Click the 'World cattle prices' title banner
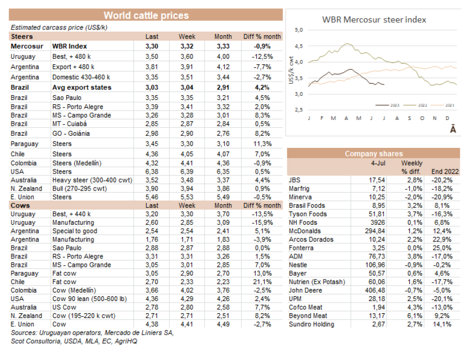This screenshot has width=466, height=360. point(146,15)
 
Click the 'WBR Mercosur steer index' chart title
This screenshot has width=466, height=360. point(374,20)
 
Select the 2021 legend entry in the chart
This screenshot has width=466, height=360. point(450,105)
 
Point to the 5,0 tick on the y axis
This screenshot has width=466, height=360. point(299,30)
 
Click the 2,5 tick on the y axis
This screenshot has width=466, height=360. point(299,109)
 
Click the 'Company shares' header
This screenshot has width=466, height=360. point(374,154)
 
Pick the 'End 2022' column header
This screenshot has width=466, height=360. point(444,172)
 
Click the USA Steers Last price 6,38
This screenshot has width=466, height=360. point(151,171)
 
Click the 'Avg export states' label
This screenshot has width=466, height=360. point(82,87)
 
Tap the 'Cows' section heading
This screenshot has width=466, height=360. point(21,205)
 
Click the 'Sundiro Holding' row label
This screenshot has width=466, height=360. point(311,324)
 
